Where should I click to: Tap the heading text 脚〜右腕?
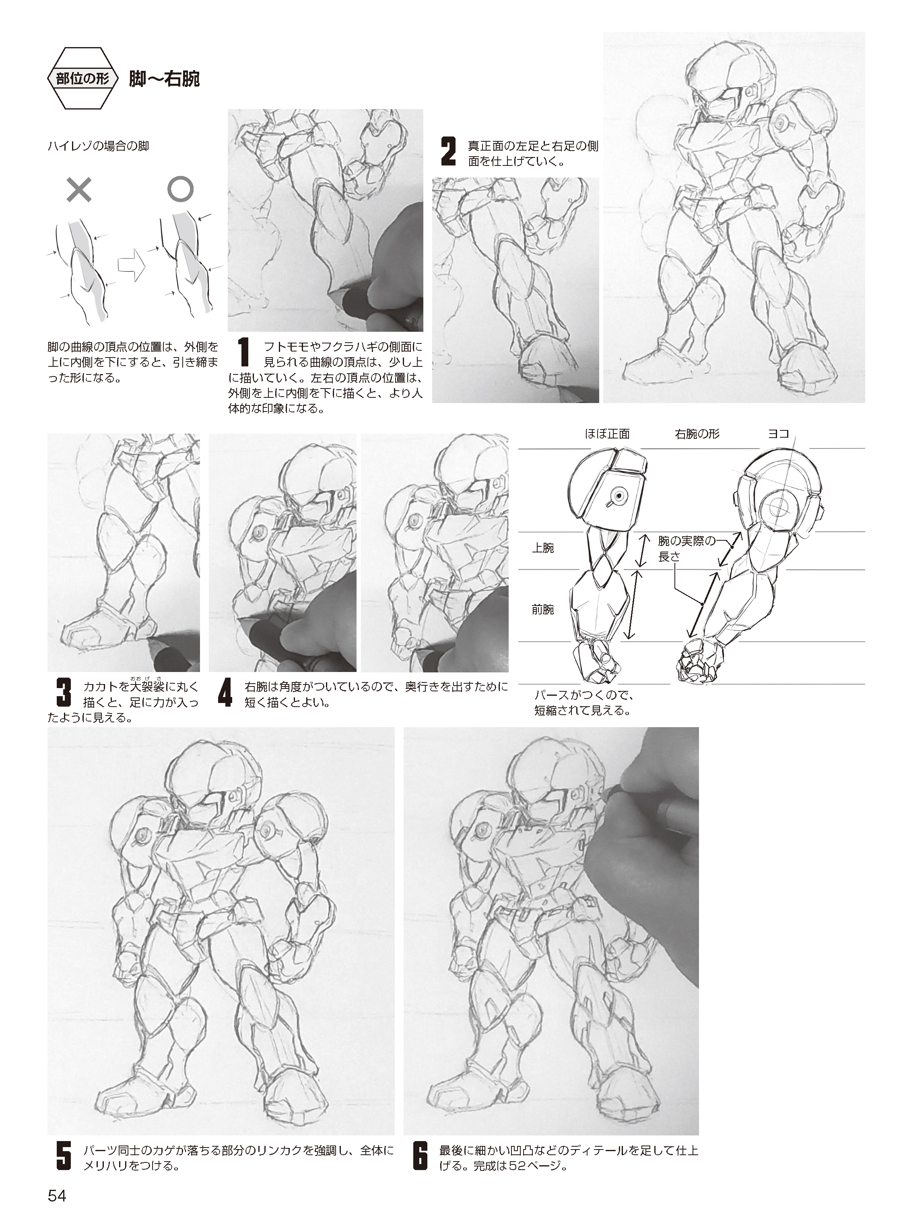pos(164,79)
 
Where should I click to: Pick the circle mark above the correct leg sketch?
pos(180,189)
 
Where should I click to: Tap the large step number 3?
pos(64,692)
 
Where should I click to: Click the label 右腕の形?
pos(697,434)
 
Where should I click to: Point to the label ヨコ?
pos(779,434)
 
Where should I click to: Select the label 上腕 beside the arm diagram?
pos(543,548)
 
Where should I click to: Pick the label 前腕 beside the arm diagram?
pos(543,609)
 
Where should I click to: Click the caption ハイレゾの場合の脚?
pos(99,146)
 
